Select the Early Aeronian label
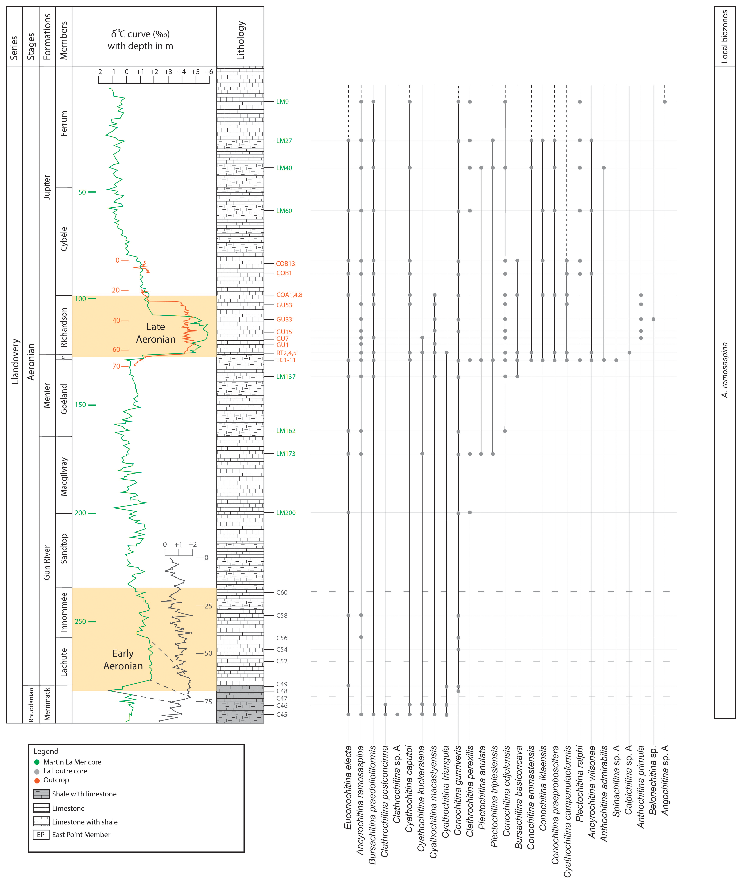(123, 660)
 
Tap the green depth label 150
(80, 405)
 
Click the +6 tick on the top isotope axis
(209, 72)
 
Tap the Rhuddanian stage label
(31, 705)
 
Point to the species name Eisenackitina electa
(348, 787)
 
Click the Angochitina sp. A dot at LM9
(665, 102)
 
